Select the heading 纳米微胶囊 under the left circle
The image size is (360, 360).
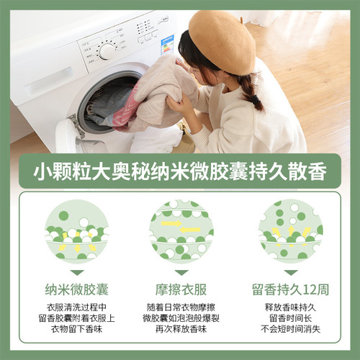coord(76,290)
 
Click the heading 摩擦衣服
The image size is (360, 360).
coord(181,290)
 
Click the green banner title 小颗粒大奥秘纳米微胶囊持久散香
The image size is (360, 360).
coord(180,174)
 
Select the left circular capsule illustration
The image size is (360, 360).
coord(76,231)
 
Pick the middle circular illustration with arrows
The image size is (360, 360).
coord(181,231)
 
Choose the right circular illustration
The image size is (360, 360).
coord(291,231)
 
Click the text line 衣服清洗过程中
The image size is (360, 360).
coord(76,307)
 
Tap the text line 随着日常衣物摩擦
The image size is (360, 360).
coord(181,307)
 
